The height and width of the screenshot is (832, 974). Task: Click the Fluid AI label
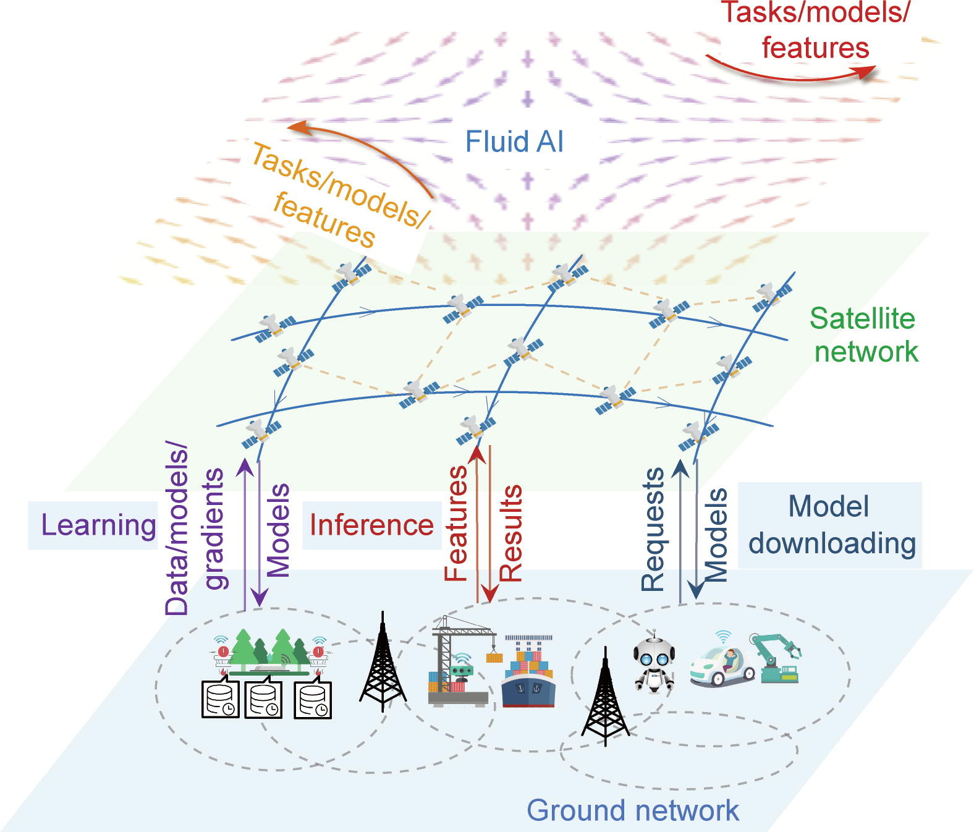tap(514, 142)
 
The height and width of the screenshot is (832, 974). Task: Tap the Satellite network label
tap(865, 335)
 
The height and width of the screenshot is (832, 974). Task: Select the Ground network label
tap(633, 810)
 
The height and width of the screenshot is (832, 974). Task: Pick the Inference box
tap(371, 525)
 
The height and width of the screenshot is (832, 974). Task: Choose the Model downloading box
tap(831, 525)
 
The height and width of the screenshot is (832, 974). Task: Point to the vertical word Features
tap(456, 523)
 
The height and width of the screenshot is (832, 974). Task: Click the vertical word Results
tap(511, 532)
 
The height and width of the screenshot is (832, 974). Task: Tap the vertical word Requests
tap(653, 530)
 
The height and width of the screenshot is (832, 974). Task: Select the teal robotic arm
tap(776, 657)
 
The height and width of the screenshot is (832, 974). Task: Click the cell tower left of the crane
tap(383, 663)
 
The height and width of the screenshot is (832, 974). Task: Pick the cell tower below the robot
tap(605, 699)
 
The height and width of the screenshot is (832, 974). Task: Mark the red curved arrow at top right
tap(791, 72)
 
